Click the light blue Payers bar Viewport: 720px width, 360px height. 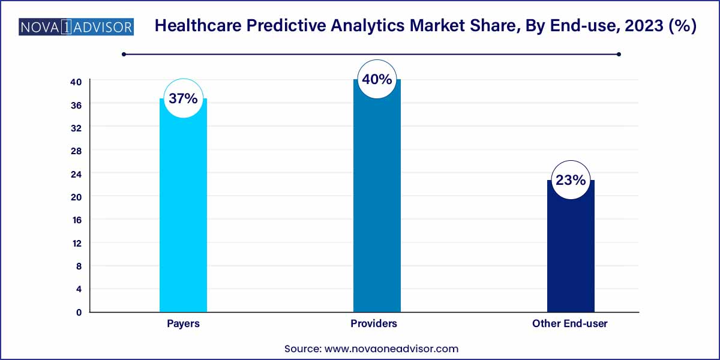(183, 216)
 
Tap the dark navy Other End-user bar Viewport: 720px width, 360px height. (571, 252)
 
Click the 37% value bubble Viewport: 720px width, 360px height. (183, 98)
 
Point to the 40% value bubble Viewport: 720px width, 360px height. (377, 79)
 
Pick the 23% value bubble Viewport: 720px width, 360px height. (571, 179)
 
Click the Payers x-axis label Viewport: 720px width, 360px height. (183, 323)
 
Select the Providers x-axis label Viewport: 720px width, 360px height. (374, 323)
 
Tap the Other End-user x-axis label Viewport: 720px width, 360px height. (570, 323)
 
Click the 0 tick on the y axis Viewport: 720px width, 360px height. (78, 312)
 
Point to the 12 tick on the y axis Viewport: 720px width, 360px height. (76, 243)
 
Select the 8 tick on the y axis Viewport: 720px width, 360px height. (78, 266)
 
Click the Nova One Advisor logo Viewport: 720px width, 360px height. (76, 27)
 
